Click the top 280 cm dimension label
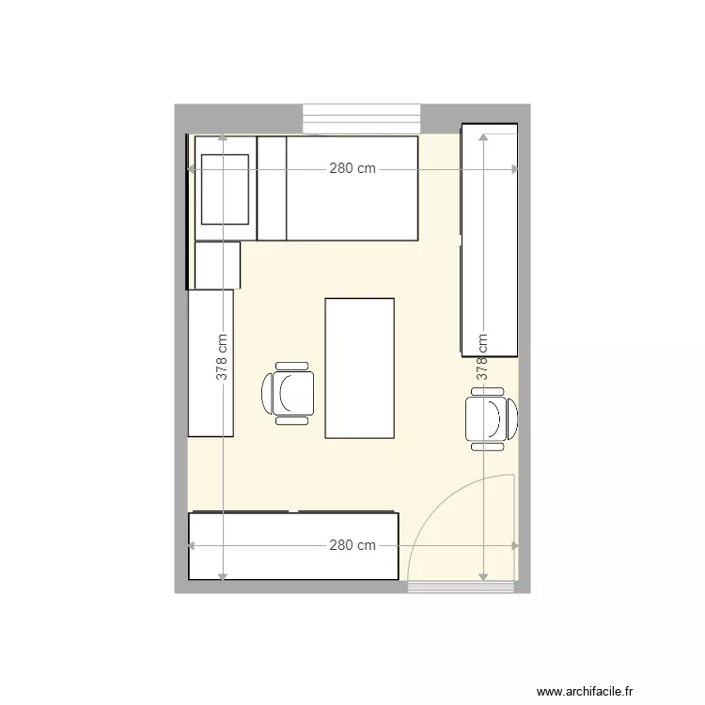(352, 169)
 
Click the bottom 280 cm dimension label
(352, 545)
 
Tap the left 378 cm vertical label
(222, 357)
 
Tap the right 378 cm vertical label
(482, 357)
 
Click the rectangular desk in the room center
(359, 368)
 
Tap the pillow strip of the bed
(272, 188)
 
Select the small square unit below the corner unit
(217, 264)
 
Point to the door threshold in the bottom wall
(462, 587)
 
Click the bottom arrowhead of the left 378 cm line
(222, 575)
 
